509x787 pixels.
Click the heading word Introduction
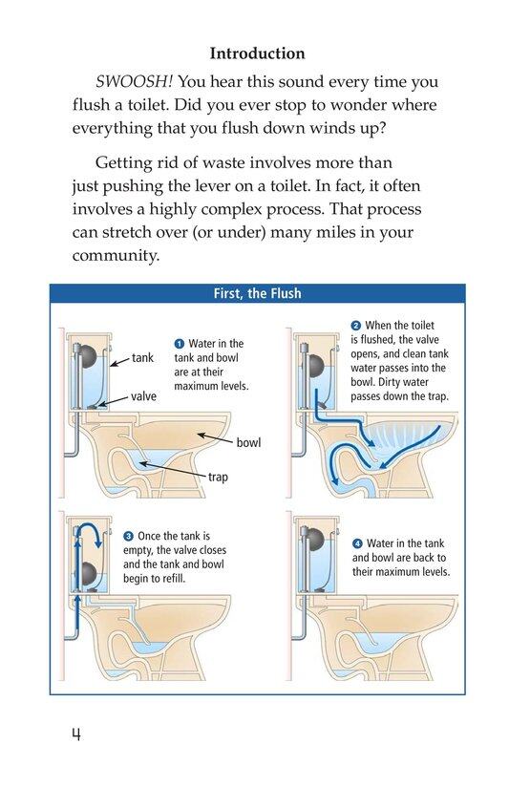pyautogui.click(x=257, y=53)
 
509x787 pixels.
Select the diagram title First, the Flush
pyautogui.click(x=257, y=293)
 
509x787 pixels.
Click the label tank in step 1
pyautogui.click(x=142, y=358)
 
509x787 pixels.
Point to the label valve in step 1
pyautogui.click(x=143, y=396)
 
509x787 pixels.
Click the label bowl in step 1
pyautogui.click(x=248, y=443)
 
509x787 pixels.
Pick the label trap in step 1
pyautogui.click(x=218, y=477)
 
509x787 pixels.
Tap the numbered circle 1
pyautogui.click(x=180, y=344)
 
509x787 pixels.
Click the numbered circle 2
pyautogui.click(x=355, y=326)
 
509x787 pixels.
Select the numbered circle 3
pyautogui.click(x=129, y=536)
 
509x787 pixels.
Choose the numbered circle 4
pyautogui.click(x=357, y=543)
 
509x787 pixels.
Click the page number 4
pyautogui.click(x=76, y=734)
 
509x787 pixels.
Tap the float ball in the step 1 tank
pyautogui.click(x=89, y=356)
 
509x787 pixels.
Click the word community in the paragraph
pyautogui.click(x=115, y=255)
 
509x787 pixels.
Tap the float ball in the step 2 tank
pyautogui.click(x=315, y=366)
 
